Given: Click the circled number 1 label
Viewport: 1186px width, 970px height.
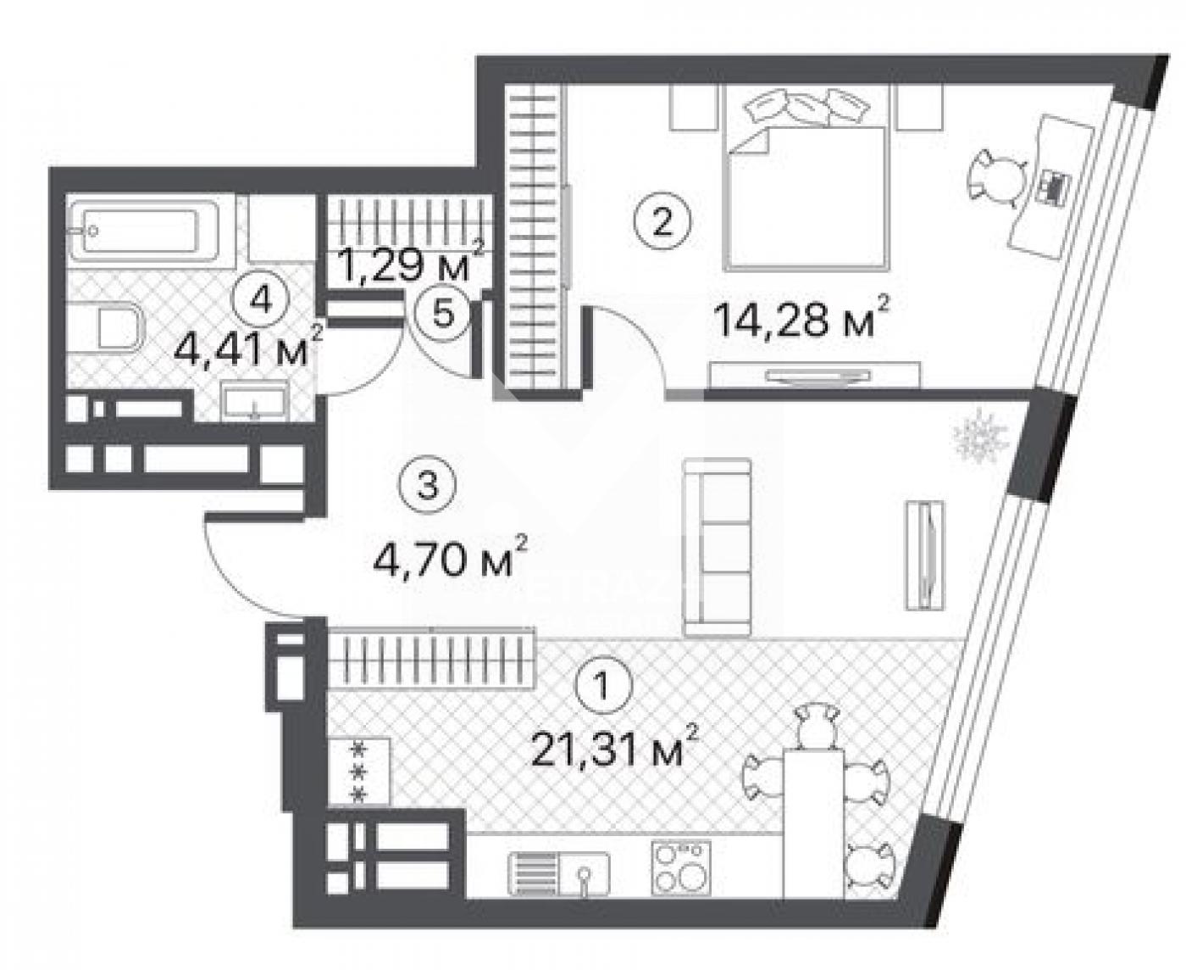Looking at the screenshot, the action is tap(603, 685).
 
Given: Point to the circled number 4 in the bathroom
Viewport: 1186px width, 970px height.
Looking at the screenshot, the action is tap(260, 299).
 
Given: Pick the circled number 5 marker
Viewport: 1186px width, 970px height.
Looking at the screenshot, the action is tap(442, 313).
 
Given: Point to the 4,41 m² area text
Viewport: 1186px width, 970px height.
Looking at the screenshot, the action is tap(248, 348).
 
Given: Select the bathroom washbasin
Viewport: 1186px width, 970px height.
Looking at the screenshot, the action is tap(255, 399).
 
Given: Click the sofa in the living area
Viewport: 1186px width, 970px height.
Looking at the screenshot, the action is tap(717, 547).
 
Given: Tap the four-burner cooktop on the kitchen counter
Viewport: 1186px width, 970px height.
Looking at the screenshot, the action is tap(680, 874).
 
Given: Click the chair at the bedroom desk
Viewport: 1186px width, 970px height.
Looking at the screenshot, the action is tap(995, 179).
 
